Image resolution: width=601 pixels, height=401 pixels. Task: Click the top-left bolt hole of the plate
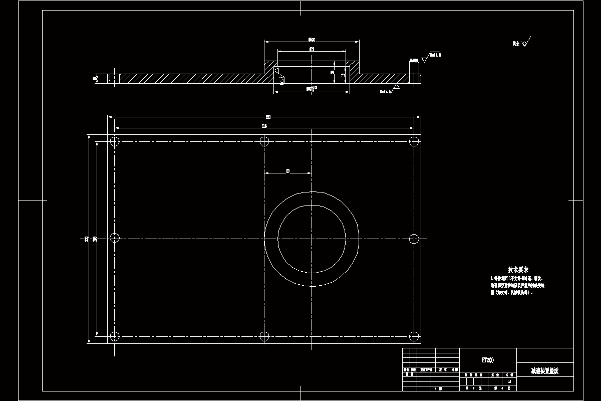115,141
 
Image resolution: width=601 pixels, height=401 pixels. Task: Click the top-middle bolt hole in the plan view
264,141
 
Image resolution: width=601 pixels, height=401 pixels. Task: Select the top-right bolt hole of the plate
414,141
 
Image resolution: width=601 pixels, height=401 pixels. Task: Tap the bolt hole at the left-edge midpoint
115,238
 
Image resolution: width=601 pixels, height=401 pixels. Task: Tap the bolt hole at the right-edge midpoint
414,238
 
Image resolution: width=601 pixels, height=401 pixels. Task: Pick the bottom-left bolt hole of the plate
115,336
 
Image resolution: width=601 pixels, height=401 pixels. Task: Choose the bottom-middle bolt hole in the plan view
264,336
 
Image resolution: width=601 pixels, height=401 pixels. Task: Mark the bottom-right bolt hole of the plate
414,336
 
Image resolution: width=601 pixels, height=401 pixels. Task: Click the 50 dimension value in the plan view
288,171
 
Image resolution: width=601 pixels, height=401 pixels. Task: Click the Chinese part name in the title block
544,371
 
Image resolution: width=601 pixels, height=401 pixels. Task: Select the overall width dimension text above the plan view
268,117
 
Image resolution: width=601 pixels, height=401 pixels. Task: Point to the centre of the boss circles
312,238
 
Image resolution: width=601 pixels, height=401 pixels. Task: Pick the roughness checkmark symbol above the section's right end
425,58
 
